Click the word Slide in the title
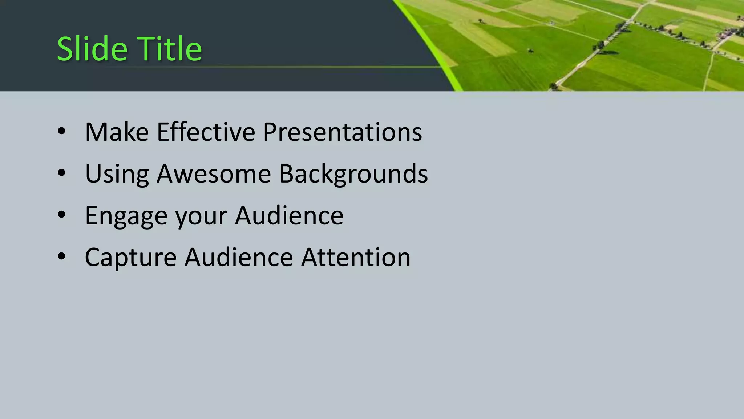coord(92,49)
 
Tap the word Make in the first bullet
coord(117,132)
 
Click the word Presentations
coord(342,132)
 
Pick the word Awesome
coord(214,174)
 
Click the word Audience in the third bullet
coord(289,216)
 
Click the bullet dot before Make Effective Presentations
coord(61,131)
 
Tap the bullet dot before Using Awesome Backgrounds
coord(61,173)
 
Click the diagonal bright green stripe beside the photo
coord(429,44)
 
